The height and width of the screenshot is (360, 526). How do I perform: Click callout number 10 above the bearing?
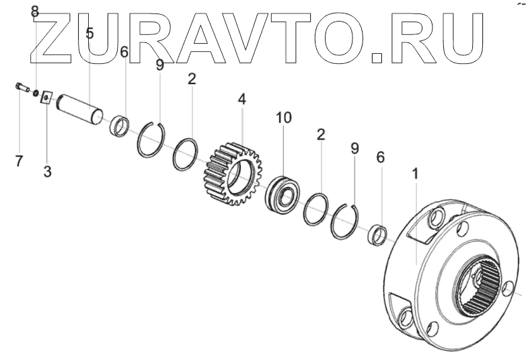284,118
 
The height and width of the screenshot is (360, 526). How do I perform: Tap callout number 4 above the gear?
241,99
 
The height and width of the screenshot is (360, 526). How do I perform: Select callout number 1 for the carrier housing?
415,174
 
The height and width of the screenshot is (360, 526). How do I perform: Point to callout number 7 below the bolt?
19,161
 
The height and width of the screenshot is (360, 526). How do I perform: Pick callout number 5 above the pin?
89,32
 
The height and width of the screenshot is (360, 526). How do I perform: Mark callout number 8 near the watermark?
35,11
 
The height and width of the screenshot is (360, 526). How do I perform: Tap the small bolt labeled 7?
20,87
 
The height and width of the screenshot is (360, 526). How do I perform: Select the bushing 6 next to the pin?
120,125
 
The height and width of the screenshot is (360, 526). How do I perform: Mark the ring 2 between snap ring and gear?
184,155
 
